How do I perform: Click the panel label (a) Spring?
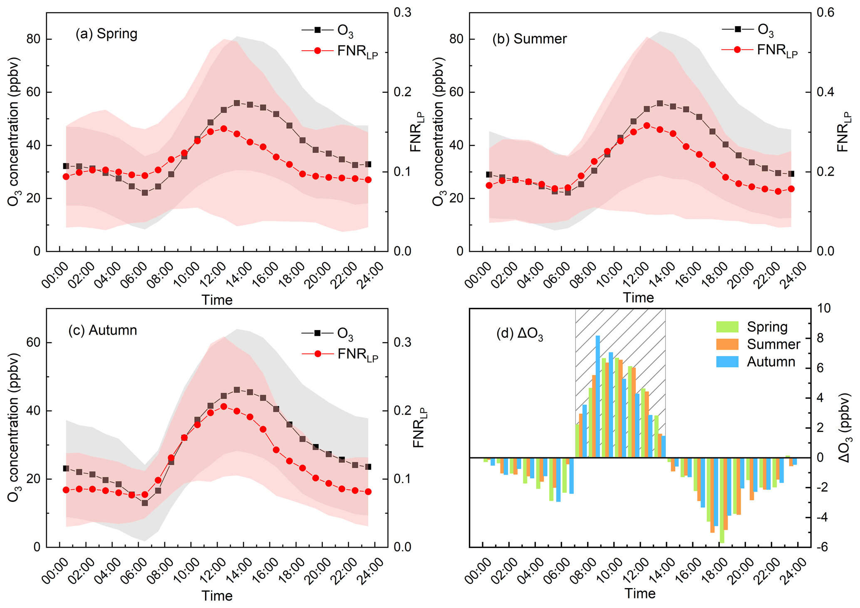click(106, 34)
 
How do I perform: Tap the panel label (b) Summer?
click(529, 39)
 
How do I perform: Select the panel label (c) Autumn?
click(102, 330)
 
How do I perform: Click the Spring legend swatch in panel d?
click(727, 327)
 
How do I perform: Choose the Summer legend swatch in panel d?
click(727, 345)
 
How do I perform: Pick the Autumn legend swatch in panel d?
click(727, 362)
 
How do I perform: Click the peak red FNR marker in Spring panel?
click(223, 129)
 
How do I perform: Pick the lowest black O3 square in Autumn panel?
click(145, 503)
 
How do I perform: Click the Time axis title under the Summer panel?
click(638, 298)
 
